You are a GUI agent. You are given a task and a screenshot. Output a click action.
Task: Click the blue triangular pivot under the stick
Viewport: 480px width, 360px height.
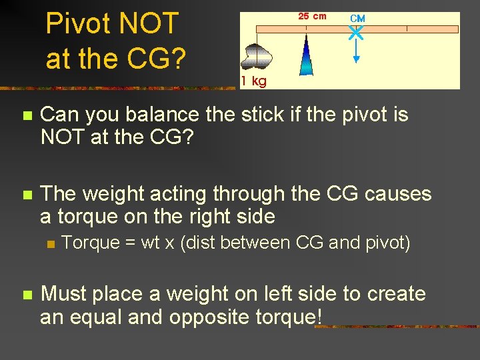[306, 56]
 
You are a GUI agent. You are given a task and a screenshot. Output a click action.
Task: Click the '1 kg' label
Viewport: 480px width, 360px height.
[254, 81]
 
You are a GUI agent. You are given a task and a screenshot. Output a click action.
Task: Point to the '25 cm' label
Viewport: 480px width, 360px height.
[312, 16]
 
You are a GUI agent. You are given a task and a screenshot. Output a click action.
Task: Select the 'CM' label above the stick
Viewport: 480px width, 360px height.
[357, 18]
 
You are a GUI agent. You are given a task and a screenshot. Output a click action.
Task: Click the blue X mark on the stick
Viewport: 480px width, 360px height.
[357, 31]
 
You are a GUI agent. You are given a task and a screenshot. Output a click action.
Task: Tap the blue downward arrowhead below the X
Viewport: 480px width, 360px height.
[357, 59]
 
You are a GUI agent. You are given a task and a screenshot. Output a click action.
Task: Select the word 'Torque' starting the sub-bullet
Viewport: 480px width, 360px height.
[89, 243]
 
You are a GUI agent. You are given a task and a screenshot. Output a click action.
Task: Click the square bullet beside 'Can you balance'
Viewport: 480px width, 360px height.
[27, 116]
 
